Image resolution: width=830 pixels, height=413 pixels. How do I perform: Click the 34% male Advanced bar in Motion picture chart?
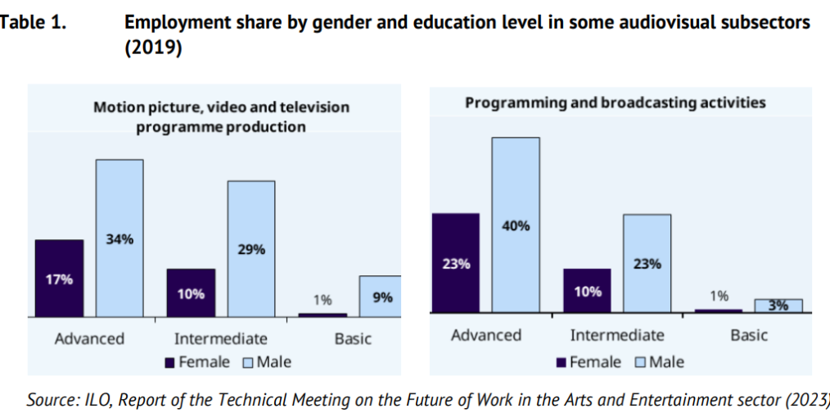coord(120,238)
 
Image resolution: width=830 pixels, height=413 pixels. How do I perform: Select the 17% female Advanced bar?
coord(59,278)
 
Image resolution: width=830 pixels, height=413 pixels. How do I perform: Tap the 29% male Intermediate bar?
coord(251,248)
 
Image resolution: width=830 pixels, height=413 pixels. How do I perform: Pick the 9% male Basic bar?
coord(381,296)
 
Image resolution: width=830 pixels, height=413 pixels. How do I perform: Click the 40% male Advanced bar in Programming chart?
coord(516,225)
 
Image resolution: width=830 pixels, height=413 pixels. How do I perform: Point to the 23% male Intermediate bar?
coord(647,263)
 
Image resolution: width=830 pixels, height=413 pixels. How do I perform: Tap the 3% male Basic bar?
coord(778,306)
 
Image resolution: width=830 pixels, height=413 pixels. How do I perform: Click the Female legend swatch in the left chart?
coord(169,361)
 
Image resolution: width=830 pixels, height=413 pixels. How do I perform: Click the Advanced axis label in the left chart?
coord(89,338)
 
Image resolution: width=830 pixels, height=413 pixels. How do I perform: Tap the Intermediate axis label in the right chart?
coord(617,335)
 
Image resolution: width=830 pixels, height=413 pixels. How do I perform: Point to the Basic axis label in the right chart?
coord(749,335)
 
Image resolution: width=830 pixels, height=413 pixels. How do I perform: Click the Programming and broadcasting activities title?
coord(616,103)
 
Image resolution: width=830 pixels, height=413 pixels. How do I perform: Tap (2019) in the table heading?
coord(153,48)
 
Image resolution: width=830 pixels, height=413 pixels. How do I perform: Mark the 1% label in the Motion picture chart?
coord(322,299)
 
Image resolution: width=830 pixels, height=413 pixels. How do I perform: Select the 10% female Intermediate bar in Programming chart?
coord(587,290)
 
